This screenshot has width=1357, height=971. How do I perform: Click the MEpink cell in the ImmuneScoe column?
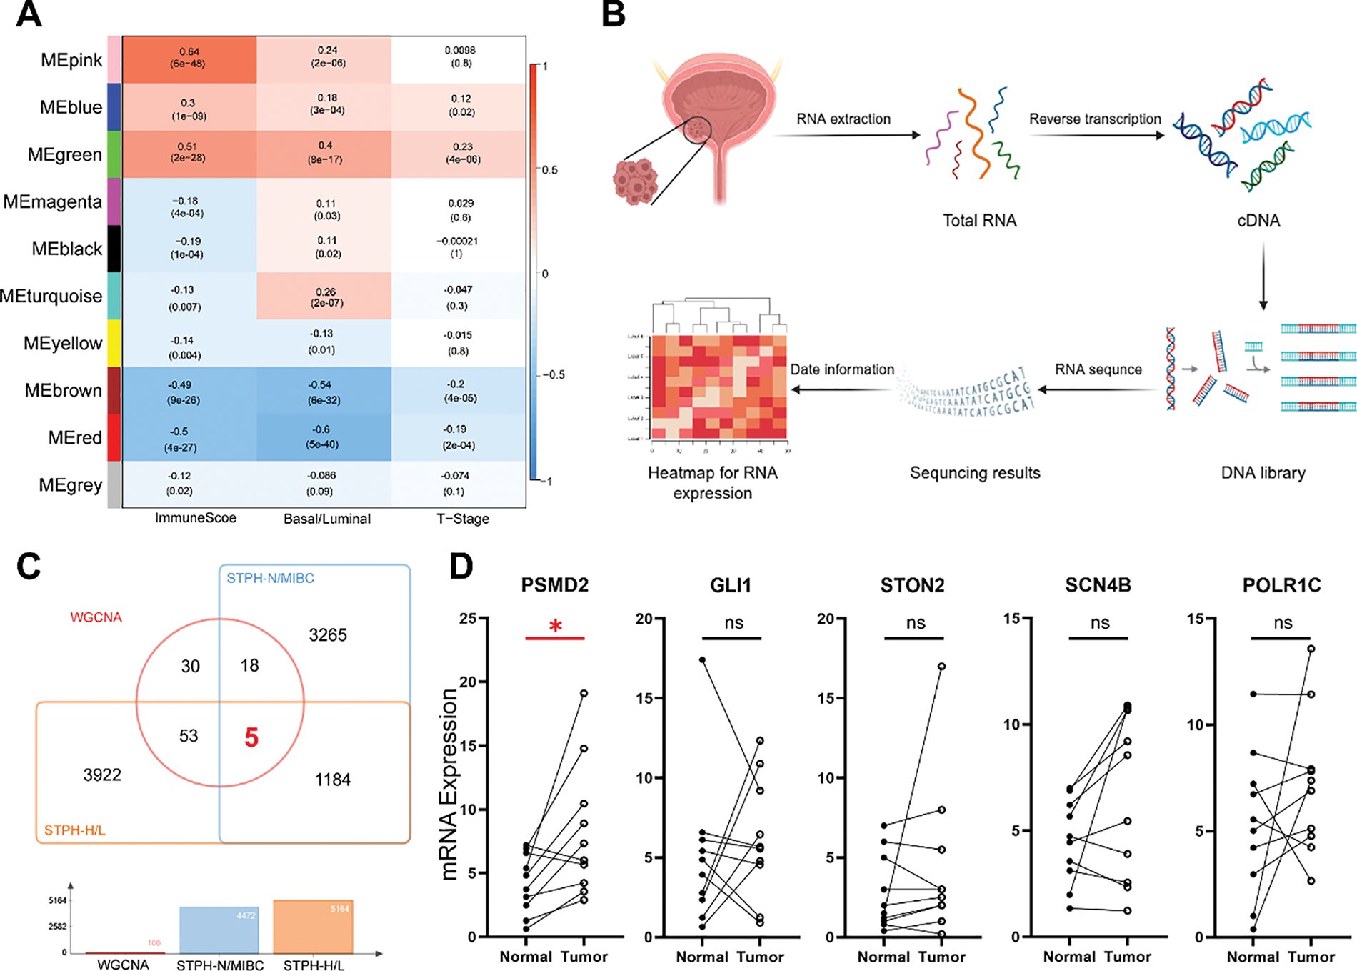(x=189, y=59)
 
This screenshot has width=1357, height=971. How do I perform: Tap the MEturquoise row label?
(x=51, y=296)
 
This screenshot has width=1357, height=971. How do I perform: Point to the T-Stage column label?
(x=462, y=519)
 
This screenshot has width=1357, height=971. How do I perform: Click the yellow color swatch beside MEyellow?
(x=114, y=343)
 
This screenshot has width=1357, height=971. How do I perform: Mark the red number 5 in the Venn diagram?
(x=251, y=737)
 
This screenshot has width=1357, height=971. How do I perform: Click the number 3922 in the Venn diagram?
(x=102, y=775)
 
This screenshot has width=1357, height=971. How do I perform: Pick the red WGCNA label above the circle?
(x=96, y=617)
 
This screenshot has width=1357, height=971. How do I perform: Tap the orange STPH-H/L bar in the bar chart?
(x=313, y=926)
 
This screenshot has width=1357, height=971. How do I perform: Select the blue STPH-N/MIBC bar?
(x=219, y=930)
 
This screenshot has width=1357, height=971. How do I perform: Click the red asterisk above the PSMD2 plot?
(x=555, y=627)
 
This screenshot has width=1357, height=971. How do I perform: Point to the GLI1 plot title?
(x=731, y=586)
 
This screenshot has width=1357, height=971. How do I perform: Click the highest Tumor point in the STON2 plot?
(x=942, y=667)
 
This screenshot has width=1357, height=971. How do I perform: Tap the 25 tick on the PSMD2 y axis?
(x=469, y=618)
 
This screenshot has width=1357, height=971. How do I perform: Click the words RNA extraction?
(x=843, y=119)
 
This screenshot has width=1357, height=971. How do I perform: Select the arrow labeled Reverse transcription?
(x=1095, y=134)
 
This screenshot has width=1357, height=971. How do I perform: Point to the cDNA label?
(x=1258, y=221)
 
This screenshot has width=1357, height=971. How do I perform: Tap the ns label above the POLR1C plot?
(x=1283, y=623)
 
